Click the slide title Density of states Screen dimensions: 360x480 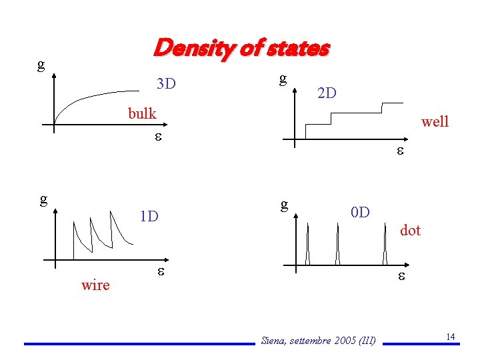(241, 49)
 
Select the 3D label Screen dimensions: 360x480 (165, 84)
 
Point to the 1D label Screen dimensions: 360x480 (148, 217)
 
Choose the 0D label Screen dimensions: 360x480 (360, 213)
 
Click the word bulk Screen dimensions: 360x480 (142, 113)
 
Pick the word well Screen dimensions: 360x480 (435, 121)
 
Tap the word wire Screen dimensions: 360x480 (95, 285)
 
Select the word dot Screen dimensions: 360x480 (410, 230)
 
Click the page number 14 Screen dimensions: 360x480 (451, 337)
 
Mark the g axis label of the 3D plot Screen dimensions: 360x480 (41, 64)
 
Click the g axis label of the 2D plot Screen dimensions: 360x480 (283, 79)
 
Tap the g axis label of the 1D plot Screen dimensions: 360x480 (43, 199)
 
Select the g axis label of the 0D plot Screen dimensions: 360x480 (284, 203)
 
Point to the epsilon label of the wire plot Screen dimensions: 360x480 (160, 273)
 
